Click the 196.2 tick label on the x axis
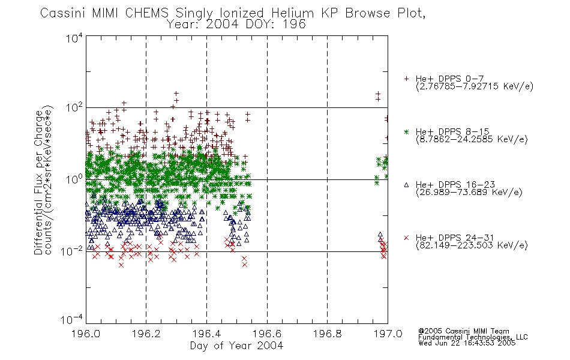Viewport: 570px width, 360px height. (146, 334)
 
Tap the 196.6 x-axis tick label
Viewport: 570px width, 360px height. (267, 334)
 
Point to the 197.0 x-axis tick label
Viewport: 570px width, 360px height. (388, 334)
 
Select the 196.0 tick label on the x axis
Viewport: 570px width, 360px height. (86, 334)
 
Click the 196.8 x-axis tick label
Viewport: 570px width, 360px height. (328, 334)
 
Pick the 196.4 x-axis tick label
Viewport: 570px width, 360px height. (207, 334)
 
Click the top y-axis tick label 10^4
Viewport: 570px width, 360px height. (74, 38)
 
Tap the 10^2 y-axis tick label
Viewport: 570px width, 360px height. (74, 108)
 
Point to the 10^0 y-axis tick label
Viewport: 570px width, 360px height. (74, 180)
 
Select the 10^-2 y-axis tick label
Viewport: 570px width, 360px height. (72, 251)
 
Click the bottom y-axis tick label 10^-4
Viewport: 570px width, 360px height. (72, 320)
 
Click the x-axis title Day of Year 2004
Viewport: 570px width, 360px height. (236, 346)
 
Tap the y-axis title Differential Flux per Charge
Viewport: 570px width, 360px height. (39, 182)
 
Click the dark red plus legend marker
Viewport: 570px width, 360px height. (406, 79)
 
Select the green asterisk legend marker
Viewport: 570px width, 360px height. (406, 131)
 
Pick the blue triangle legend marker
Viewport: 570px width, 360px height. (406, 185)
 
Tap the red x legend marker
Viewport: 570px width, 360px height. (406, 238)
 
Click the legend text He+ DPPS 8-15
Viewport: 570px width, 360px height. (452, 131)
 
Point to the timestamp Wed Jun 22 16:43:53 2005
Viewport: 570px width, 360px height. (467, 343)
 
